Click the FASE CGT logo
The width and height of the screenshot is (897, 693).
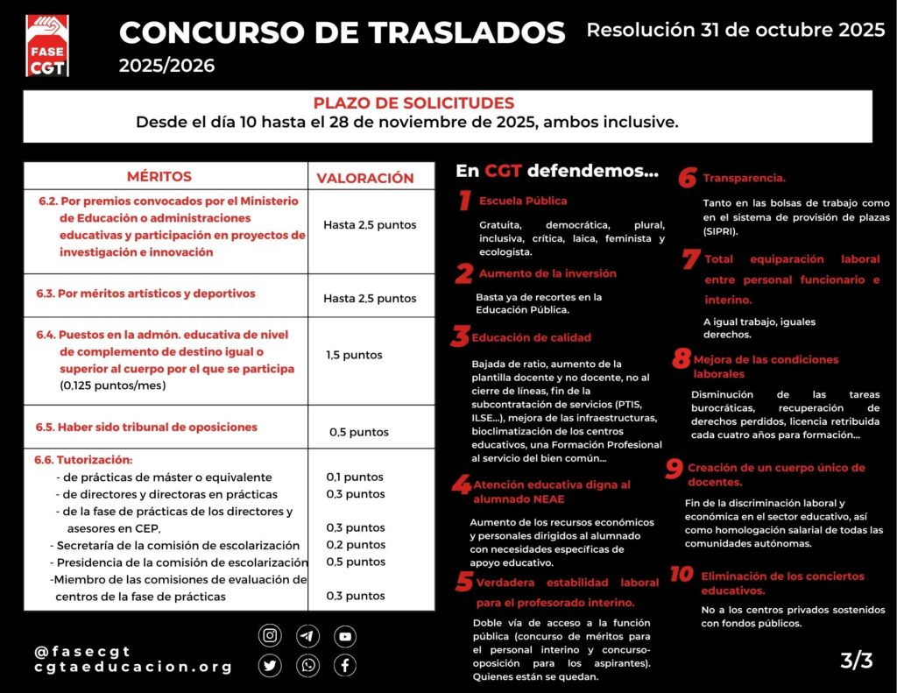coord(49,45)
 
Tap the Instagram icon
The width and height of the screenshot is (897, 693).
coord(270,636)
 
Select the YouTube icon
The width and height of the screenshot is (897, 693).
coord(345,636)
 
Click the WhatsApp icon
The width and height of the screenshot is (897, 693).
coord(307,666)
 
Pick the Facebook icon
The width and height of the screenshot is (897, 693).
coord(345,666)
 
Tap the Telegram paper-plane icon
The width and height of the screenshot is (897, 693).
coord(307,636)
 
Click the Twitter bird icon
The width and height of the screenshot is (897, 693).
coord(270,666)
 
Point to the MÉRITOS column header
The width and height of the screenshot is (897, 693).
coord(159,176)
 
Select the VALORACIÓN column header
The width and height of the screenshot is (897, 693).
coord(364,178)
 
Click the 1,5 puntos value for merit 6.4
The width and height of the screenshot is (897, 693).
coord(354,355)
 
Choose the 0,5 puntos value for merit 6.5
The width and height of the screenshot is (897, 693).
coord(358,432)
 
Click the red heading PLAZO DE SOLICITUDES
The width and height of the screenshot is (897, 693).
coord(413,103)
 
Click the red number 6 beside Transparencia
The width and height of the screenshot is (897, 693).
coord(687,178)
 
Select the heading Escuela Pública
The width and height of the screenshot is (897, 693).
coord(522,202)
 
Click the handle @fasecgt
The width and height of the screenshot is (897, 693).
coord(82,651)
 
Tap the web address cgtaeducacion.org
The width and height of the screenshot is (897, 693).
coord(133,667)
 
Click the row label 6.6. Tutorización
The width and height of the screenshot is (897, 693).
coord(83,460)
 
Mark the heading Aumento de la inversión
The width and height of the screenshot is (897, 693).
coord(547,273)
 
